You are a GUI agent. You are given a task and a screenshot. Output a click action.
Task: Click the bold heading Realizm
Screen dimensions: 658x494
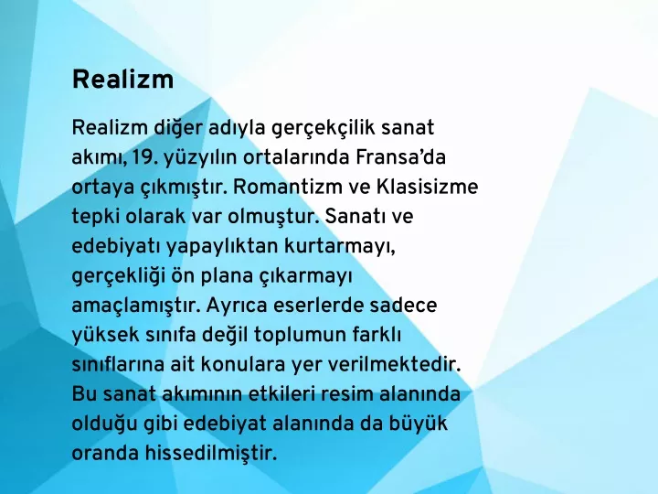pyautogui.click(x=122, y=79)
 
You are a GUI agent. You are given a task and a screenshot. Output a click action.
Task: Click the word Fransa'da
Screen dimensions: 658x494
pyautogui.click(x=401, y=157)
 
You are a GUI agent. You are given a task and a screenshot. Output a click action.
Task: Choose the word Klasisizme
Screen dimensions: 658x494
pyautogui.click(x=427, y=187)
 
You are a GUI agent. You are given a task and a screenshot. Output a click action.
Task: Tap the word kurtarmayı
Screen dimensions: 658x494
pyautogui.click(x=340, y=247)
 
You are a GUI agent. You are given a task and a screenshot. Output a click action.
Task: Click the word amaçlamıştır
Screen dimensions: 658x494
pyautogui.click(x=135, y=306)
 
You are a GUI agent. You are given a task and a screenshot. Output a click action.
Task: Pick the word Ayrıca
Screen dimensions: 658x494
pyautogui.click(x=237, y=306)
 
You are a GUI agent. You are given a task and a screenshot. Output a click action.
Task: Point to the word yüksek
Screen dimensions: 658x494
pyautogui.click(x=105, y=336)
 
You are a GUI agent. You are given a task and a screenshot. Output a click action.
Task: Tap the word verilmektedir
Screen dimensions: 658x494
pyautogui.click(x=394, y=365)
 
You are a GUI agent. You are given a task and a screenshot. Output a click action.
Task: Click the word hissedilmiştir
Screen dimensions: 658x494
pyautogui.click(x=211, y=454)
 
